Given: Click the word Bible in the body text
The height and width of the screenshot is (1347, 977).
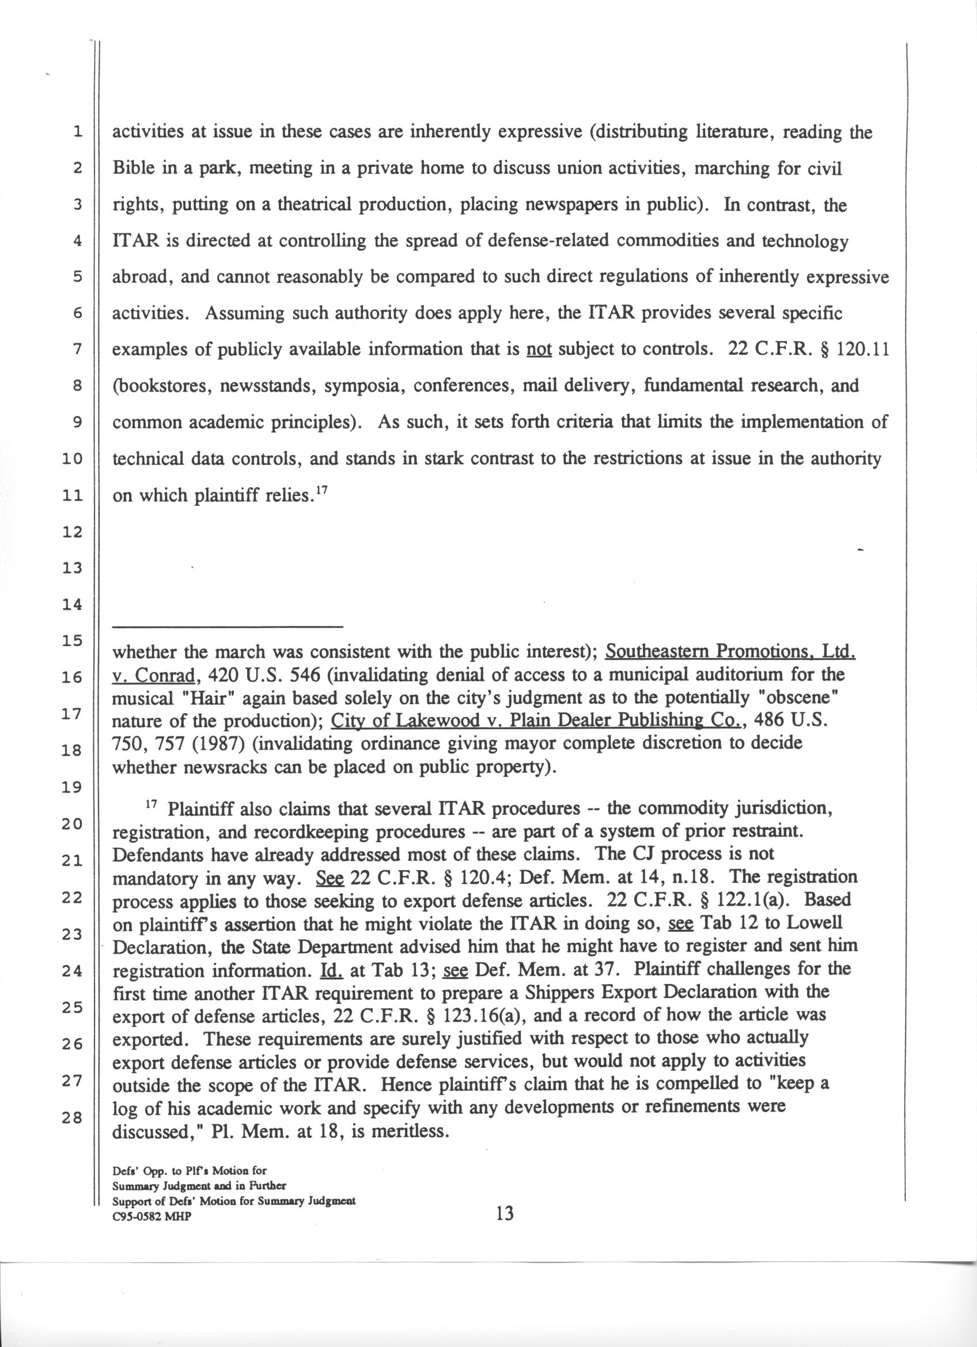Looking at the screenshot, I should (x=135, y=169).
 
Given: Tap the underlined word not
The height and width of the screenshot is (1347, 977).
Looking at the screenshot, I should (x=539, y=350).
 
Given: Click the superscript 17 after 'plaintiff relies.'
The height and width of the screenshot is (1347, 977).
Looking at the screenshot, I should (x=321, y=491).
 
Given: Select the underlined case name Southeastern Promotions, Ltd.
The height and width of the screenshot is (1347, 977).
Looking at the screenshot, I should (x=730, y=651).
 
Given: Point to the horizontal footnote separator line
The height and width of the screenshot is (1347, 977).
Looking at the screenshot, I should (x=228, y=627).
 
